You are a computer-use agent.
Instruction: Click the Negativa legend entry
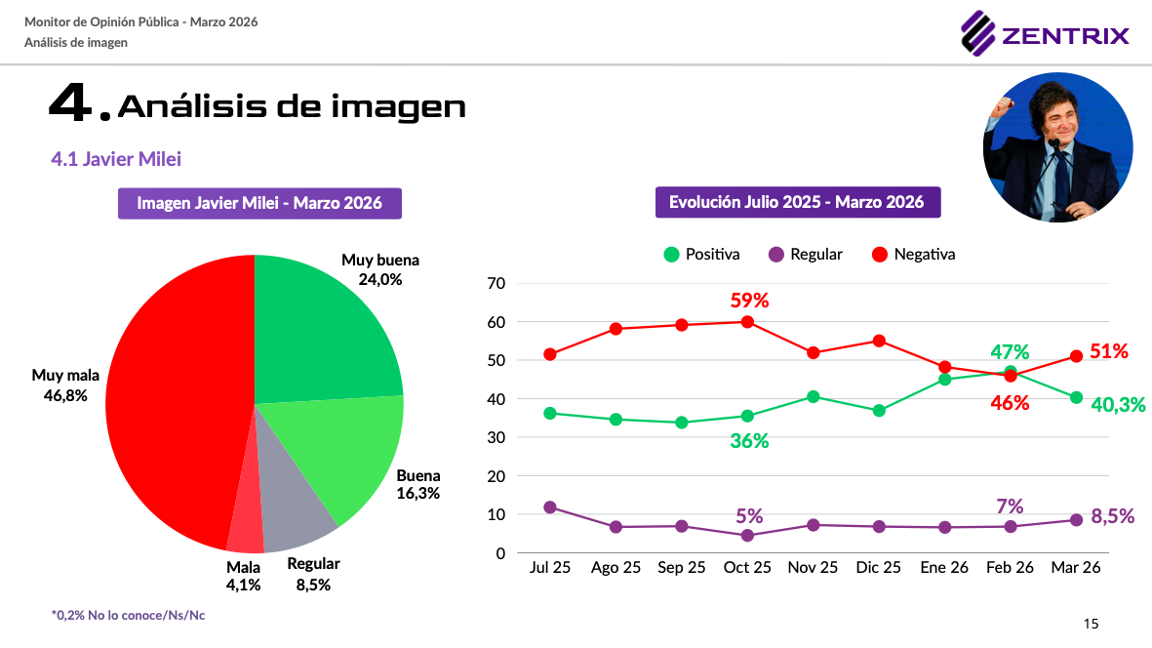pos(912,254)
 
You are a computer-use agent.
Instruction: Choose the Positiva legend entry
pos(701,254)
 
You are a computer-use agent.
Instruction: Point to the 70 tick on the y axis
pos(496,283)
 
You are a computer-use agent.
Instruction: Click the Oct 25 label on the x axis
pos(747,568)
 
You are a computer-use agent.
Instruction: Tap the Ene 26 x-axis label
pos(944,568)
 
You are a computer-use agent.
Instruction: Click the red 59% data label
pos(749,301)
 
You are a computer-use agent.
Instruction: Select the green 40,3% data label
pos(1118,404)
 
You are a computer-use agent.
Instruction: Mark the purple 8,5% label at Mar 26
pos(1112,516)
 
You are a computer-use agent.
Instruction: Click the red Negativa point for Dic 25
pos(879,341)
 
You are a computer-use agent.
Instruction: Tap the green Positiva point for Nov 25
pos(813,396)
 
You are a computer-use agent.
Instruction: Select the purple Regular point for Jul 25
pos(550,507)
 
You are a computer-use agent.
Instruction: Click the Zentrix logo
pos(1045,35)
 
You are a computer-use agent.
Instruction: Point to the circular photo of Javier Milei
pos(1057,147)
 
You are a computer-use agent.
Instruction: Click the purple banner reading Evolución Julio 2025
pos(797,203)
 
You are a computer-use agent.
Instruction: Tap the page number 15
pos(1091,624)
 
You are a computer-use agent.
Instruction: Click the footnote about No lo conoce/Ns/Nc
pos(128,615)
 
